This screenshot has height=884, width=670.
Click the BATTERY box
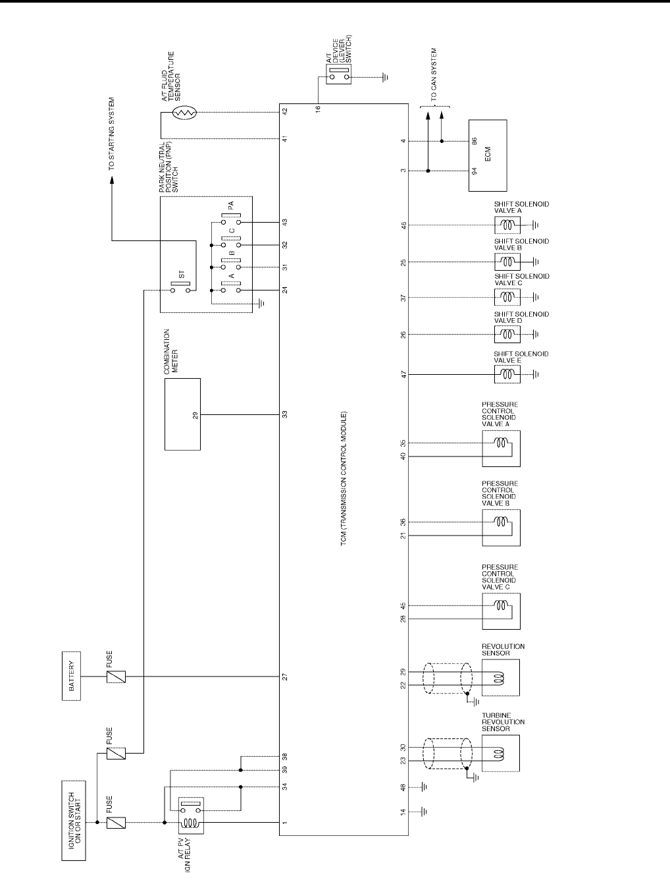tap(71, 677)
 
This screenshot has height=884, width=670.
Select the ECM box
tap(488, 155)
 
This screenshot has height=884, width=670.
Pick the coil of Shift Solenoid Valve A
tap(507, 225)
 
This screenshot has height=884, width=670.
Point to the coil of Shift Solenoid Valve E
tap(507, 374)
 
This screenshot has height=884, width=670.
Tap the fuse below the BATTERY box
tap(116, 677)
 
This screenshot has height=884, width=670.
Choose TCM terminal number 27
tap(286, 677)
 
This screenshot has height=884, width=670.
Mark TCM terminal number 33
tap(286, 414)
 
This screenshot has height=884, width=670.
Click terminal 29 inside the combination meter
tap(195, 415)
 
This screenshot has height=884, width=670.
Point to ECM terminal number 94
tap(475, 171)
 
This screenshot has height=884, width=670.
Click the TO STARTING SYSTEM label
tap(112, 134)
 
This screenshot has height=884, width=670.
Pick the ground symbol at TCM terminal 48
tap(425, 787)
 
